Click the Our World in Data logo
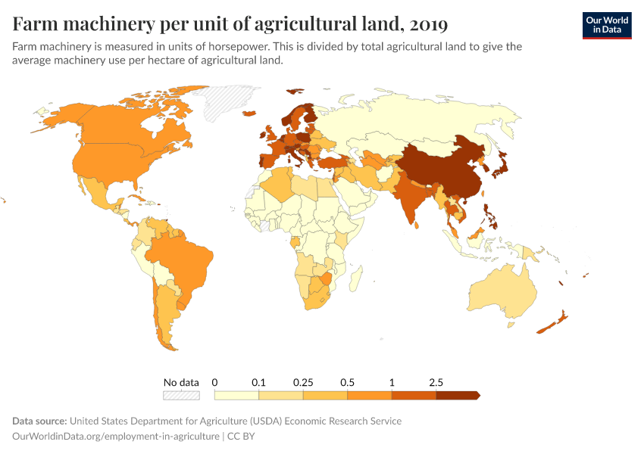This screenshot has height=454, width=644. click(606, 25)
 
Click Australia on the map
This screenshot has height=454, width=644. click(502, 291)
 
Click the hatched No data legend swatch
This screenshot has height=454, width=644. click(181, 395)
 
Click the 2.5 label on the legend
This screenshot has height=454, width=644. click(436, 383)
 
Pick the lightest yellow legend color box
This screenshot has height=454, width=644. click(236, 395)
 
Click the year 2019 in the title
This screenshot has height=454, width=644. click(427, 24)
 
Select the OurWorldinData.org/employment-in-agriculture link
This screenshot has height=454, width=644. click(116, 437)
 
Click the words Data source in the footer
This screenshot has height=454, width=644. click(39, 421)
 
